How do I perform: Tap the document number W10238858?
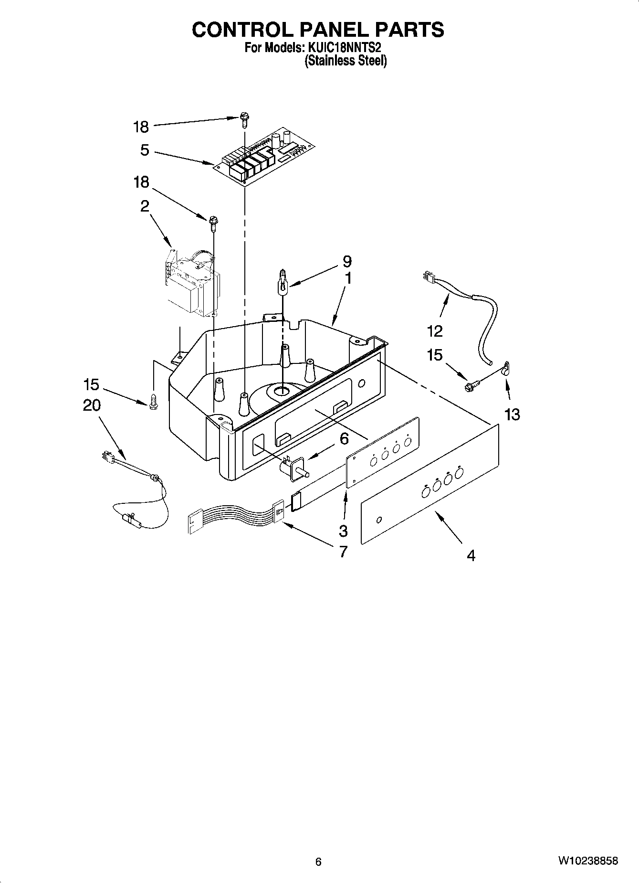tap(588, 861)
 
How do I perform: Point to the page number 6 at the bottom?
tap(318, 862)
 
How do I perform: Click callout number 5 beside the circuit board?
tap(145, 150)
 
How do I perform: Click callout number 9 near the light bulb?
tap(347, 262)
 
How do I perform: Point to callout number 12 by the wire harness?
tap(435, 330)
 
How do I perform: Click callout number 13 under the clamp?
tap(512, 414)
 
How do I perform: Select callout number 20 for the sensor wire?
tap(92, 405)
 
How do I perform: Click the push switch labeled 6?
tap(293, 467)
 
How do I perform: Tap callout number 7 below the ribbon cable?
tap(343, 552)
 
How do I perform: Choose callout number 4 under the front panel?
tap(471, 555)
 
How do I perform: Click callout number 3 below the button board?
tap(343, 530)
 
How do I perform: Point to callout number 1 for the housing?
tap(348, 278)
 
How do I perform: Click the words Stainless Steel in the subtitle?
tap(346, 61)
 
